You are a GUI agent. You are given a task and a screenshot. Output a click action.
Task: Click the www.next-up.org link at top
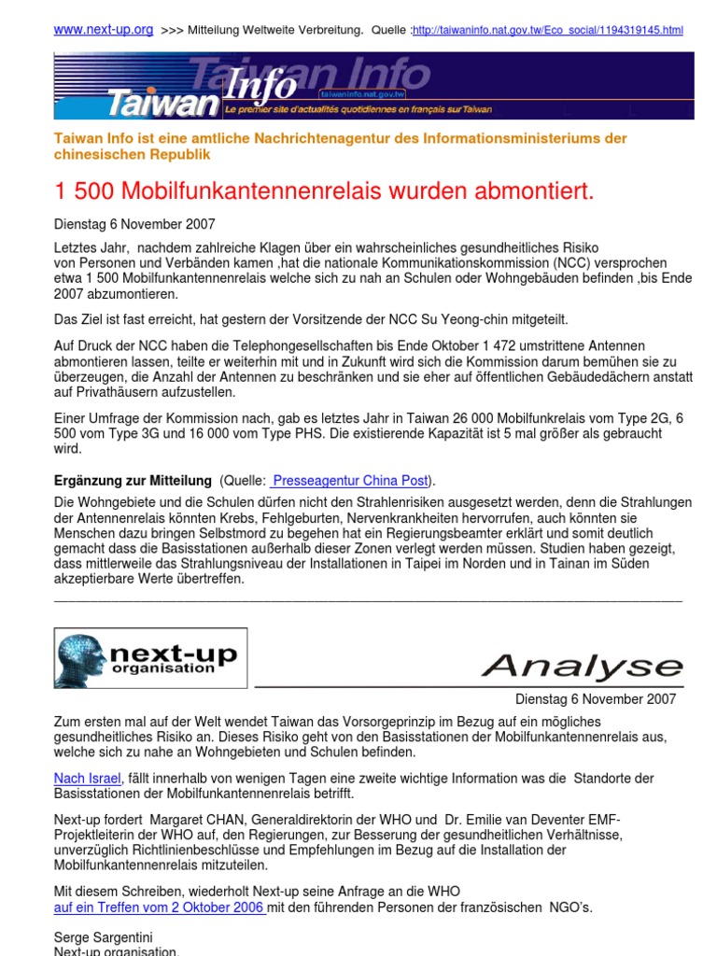coord(104,30)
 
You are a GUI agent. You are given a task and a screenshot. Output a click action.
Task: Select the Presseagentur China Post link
coord(350,481)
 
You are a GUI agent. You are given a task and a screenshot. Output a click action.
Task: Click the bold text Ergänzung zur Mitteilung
coord(133,481)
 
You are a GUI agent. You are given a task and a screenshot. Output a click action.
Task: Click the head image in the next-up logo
coord(81,659)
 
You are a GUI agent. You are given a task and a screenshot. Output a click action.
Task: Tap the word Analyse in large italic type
coord(583,667)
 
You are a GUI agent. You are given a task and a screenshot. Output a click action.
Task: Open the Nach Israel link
coord(88,779)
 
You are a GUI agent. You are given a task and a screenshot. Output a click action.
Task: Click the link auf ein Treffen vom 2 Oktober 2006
coord(161,907)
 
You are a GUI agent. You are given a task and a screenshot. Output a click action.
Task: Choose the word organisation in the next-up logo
coord(162,668)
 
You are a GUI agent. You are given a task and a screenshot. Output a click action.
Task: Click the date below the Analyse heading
coord(596,699)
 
